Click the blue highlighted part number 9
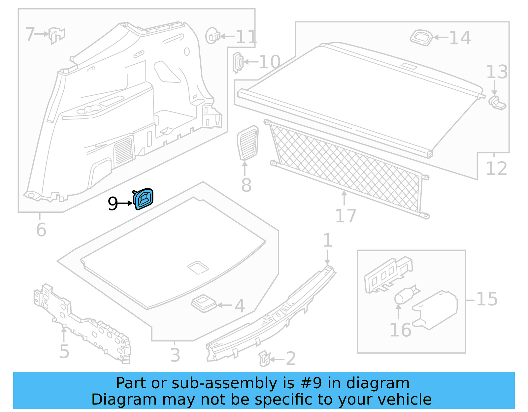pos(144,199)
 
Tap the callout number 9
pos(113,204)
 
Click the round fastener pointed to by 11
pos(212,36)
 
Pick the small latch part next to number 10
pos(238,62)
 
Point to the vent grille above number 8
pos(248,143)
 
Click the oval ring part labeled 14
pos(421,37)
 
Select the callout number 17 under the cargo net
pos(346,216)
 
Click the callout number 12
pos(496,169)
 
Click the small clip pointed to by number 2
pos(264,359)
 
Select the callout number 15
pos(487,299)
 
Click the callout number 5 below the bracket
pos(64,351)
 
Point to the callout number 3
pos(175,355)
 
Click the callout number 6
pos(41,230)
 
